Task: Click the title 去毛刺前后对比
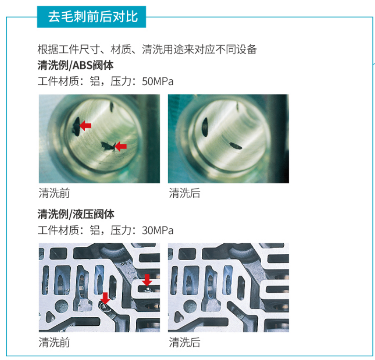pyautogui.click(x=93, y=17)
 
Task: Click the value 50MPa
pyautogui.click(x=158, y=82)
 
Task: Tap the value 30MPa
pyautogui.click(x=158, y=231)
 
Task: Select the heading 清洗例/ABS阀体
pyautogui.click(x=75, y=65)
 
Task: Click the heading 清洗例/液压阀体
pyautogui.click(x=76, y=214)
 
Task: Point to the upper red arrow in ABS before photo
pyautogui.click(x=85, y=125)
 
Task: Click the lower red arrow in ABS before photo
pyautogui.click(x=121, y=146)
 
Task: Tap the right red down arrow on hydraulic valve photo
pyautogui.click(x=147, y=280)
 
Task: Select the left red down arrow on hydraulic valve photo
pyautogui.click(x=105, y=298)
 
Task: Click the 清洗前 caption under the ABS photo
pyautogui.click(x=54, y=193)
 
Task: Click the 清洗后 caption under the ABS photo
pyautogui.click(x=184, y=193)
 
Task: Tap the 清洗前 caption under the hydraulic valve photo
pyautogui.click(x=54, y=342)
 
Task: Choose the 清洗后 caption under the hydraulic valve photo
pyautogui.click(x=184, y=342)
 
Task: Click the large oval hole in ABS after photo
pyautogui.click(x=205, y=127)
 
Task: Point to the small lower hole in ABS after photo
pyautogui.click(x=235, y=146)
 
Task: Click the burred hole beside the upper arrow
pyautogui.click(x=76, y=126)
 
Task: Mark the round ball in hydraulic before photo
pyautogui.click(x=62, y=307)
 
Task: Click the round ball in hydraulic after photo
pyautogui.click(x=191, y=307)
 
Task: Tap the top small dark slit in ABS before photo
pyautogui.click(x=111, y=107)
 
